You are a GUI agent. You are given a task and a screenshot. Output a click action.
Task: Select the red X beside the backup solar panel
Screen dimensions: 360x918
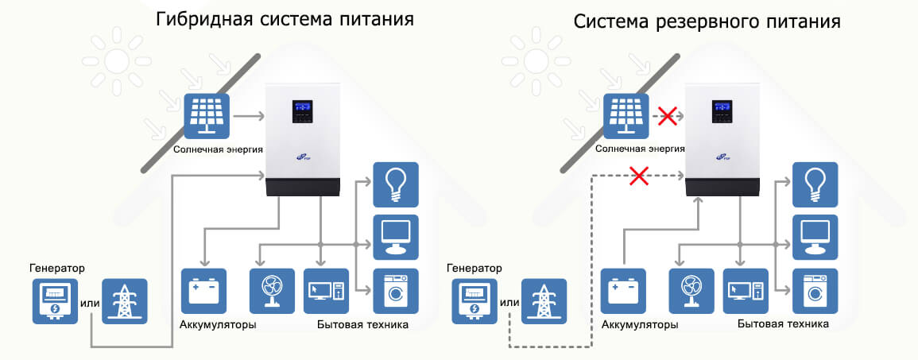point(668,116)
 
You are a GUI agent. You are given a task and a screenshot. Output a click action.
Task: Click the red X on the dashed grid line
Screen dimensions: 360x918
point(638,176)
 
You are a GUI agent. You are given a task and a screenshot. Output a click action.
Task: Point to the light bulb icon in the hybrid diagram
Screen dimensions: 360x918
point(395,185)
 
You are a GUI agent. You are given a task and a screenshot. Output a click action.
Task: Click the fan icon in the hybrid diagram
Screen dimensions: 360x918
point(272,292)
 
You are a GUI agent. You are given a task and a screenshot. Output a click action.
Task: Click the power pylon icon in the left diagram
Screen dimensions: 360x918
point(124,300)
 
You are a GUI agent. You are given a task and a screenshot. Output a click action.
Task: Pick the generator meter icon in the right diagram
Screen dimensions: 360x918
point(475,300)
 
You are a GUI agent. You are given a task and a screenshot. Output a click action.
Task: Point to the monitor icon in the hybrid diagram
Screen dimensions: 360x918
point(395,236)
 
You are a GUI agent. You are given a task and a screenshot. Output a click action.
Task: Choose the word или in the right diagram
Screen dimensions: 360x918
point(510,301)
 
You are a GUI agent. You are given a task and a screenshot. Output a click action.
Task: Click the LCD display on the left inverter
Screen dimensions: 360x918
point(301,106)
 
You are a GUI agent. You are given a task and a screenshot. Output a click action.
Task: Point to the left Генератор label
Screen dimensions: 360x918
point(56,268)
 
